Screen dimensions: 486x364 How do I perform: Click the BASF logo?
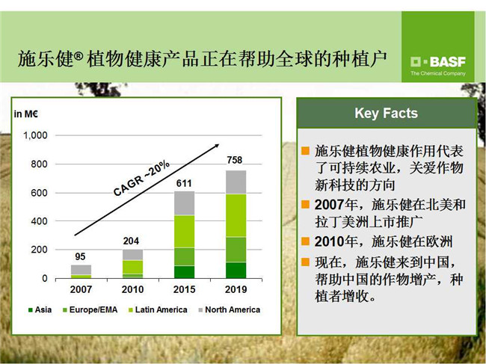click(438, 66)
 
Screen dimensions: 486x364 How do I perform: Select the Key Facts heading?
click(387, 113)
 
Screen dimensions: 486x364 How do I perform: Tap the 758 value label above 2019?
click(234, 160)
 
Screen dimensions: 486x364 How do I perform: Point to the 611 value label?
click(184, 183)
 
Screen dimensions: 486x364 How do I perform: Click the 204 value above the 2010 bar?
click(131, 241)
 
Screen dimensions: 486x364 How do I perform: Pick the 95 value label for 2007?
click(80, 256)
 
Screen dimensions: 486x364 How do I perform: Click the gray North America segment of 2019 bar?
click(236, 182)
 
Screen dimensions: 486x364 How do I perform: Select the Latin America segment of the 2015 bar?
click(185, 232)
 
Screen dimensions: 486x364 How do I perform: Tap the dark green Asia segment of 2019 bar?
click(236, 270)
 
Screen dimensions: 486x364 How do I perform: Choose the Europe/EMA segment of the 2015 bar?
click(185, 257)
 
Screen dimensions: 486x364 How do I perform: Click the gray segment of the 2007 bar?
click(81, 270)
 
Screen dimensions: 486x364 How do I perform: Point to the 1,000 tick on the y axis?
click(36, 135)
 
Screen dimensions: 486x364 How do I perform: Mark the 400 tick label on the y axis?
click(39, 221)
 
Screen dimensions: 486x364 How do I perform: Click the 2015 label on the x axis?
click(184, 289)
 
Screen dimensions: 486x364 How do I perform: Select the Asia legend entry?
click(40, 309)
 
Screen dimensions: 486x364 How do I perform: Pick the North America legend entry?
click(230, 309)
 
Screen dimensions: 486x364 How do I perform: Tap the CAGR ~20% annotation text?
click(141, 178)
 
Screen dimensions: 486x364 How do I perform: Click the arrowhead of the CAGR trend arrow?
click(216, 146)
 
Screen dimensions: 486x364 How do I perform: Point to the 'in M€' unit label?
click(25, 114)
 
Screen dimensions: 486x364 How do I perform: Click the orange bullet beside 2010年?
click(305, 241)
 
